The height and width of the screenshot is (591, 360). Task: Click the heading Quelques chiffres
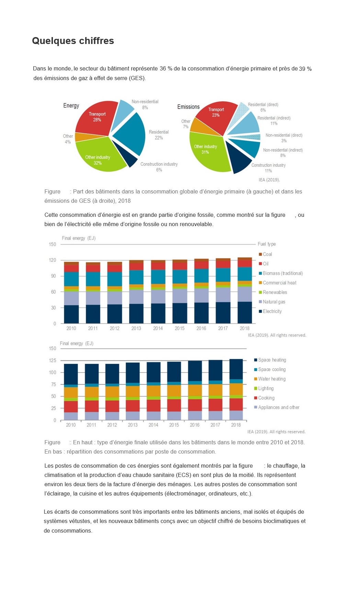tap(73, 41)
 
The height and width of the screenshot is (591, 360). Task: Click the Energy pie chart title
tap(71, 105)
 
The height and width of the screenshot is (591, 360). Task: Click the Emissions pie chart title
tap(188, 107)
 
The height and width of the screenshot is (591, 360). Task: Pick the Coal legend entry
tap(266, 254)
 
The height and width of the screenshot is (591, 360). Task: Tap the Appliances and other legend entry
tap(277, 407)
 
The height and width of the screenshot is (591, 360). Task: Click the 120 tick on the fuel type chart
tap(52, 260)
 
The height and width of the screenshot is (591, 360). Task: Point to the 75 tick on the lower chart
tap(53, 384)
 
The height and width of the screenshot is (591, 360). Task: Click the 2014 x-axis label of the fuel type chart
tap(158, 328)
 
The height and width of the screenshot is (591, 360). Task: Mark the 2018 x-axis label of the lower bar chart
tap(236, 425)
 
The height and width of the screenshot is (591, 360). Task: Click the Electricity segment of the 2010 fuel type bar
tap(71, 314)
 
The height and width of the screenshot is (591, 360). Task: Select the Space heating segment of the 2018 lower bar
tap(236, 369)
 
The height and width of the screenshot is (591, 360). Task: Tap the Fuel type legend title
tap(267, 244)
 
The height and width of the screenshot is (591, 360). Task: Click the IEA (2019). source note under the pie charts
tap(269, 180)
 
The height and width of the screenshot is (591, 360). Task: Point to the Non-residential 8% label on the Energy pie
tap(145, 104)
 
